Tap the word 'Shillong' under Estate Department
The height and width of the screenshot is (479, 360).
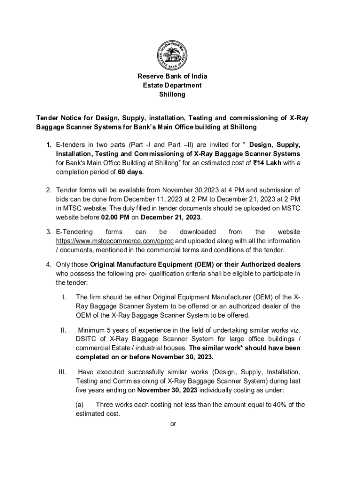coord(172,94)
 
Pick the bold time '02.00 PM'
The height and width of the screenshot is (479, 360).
coord(115,218)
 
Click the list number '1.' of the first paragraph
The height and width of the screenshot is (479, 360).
coord(49,145)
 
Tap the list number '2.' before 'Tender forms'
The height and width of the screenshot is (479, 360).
coord(49,190)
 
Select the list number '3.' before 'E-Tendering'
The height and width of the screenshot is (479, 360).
coord(49,232)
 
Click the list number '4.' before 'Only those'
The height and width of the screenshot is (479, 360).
coord(49,264)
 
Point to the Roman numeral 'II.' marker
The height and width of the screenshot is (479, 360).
coord(63,330)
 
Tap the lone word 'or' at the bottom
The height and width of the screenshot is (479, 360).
coord(173,424)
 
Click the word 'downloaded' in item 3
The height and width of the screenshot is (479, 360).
coord(197,232)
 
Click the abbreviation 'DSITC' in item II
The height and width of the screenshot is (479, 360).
coord(86,339)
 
